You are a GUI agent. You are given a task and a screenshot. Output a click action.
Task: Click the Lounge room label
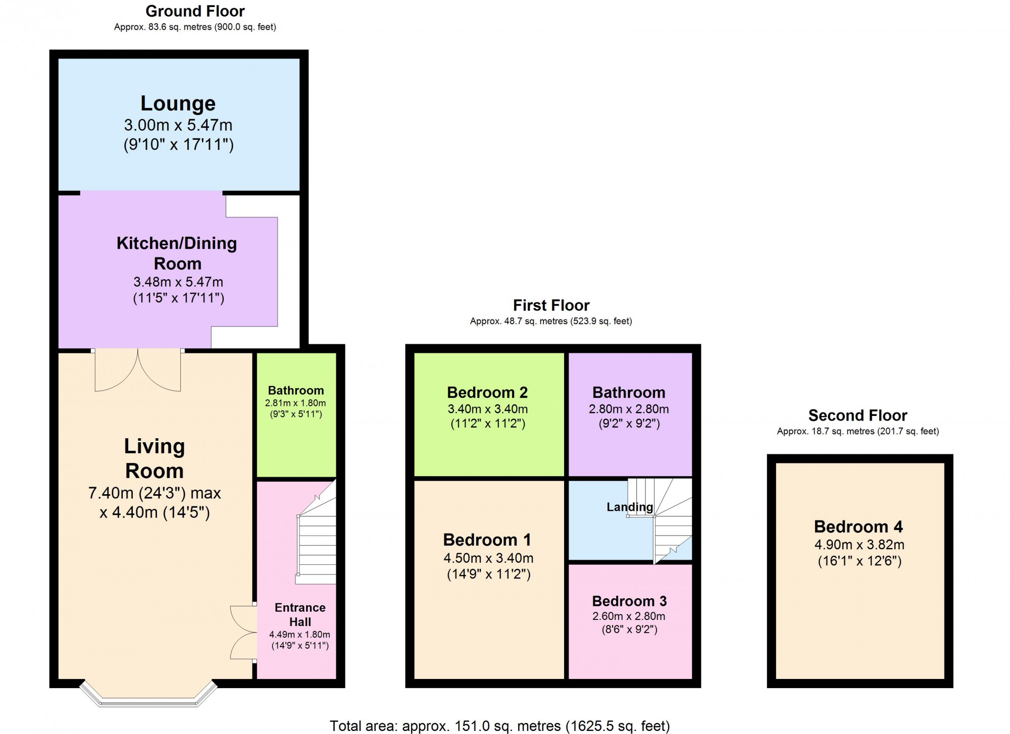point(178,103)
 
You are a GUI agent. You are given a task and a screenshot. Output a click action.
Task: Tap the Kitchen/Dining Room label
point(177,253)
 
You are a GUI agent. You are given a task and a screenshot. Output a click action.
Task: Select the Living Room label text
point(155,458)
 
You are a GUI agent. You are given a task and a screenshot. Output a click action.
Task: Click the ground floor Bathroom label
point(296,390)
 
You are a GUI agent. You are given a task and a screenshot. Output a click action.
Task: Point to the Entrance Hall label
point(300,614)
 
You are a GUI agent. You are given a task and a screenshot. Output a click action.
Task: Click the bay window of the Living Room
point(148,696)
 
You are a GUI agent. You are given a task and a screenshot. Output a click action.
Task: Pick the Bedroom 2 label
point(487,392)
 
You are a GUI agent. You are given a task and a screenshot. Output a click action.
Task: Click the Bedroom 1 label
point(487,540)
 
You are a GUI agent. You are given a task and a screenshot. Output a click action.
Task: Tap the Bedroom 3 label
point(629,601)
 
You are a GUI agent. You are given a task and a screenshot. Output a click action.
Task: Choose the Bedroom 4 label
point(858,527)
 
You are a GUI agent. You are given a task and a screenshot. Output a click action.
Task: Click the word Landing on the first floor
point(630,507)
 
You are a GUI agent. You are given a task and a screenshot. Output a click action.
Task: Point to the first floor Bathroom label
point(629,392)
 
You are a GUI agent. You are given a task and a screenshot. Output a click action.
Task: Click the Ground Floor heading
point(195,11)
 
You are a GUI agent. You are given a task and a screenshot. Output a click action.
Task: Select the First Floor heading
point(551,305)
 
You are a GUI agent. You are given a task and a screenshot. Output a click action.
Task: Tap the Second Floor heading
point(857,415)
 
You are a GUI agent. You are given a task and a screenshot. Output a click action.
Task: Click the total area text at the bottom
point(499,726)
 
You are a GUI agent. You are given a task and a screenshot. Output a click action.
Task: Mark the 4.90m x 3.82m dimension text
point(859,545)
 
